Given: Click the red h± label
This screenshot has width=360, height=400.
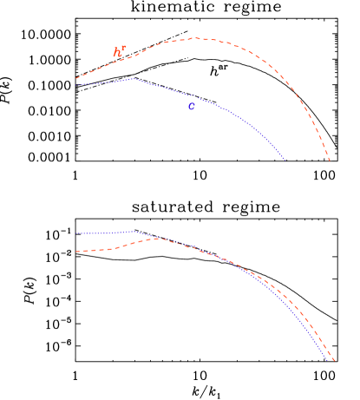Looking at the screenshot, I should [x=120, y=53].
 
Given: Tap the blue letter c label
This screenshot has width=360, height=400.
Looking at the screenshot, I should [x=191, y=107].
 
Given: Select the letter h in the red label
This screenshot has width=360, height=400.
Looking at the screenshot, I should [x=117, y=54].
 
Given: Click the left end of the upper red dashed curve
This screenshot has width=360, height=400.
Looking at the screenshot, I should [x=76, y=79].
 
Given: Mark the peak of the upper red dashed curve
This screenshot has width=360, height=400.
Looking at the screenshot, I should [x=197, y=38].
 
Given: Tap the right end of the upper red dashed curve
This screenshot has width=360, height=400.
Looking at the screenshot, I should [x=331, y=161].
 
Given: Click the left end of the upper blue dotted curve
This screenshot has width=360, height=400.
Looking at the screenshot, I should [x=76, y=84].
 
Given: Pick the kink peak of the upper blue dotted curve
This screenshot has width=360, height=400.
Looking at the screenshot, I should [x=134, y=78].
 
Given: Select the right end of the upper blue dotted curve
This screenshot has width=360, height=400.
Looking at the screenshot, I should [x=285, y=161].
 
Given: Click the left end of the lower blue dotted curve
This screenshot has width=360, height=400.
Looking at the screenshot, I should [x=76, y=233].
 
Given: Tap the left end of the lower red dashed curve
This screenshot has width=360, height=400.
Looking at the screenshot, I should [x=76, y=252].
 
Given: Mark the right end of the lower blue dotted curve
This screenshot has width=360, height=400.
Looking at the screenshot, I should [x=329, y=359].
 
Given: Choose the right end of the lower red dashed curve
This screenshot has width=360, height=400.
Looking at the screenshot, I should [x=334, y=358].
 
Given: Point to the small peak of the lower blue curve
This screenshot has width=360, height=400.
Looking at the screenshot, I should [x=132, y=231].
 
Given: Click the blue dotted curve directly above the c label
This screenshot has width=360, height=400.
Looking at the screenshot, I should [x=191, y=95].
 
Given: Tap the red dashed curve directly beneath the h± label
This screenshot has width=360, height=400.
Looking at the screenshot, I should [x=120, y=62].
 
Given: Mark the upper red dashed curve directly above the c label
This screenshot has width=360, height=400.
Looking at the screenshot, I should [x=191, y=38].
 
